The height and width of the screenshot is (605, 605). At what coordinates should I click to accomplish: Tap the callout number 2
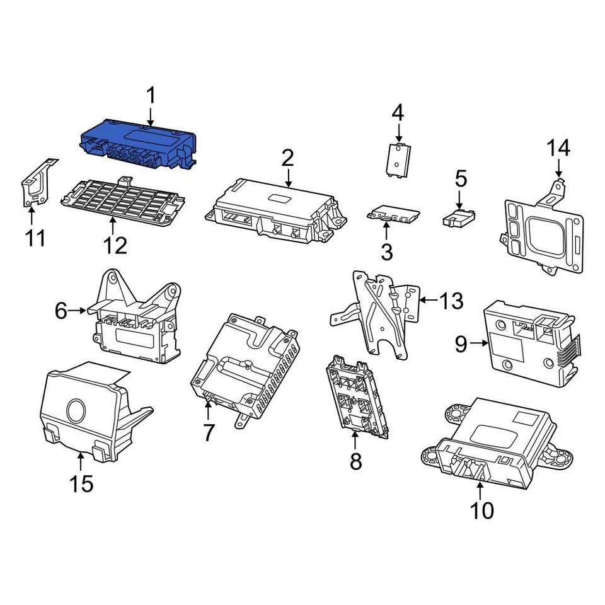(x=287, y=158)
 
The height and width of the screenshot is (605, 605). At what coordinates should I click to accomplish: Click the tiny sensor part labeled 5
(x=458, y=219)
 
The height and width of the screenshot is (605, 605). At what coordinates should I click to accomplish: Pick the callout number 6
(x=60, y=311)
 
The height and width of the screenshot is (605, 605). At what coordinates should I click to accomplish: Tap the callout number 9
(x=461, y=343)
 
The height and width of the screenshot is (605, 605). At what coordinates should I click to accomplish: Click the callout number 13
(x=451, y=301)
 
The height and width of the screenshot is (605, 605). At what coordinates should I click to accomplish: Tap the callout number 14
(x=558, y=148)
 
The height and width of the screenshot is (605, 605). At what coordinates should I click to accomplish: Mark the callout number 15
(x=81, y=483)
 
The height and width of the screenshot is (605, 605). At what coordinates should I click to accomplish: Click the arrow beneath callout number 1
(x=151, y=115)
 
